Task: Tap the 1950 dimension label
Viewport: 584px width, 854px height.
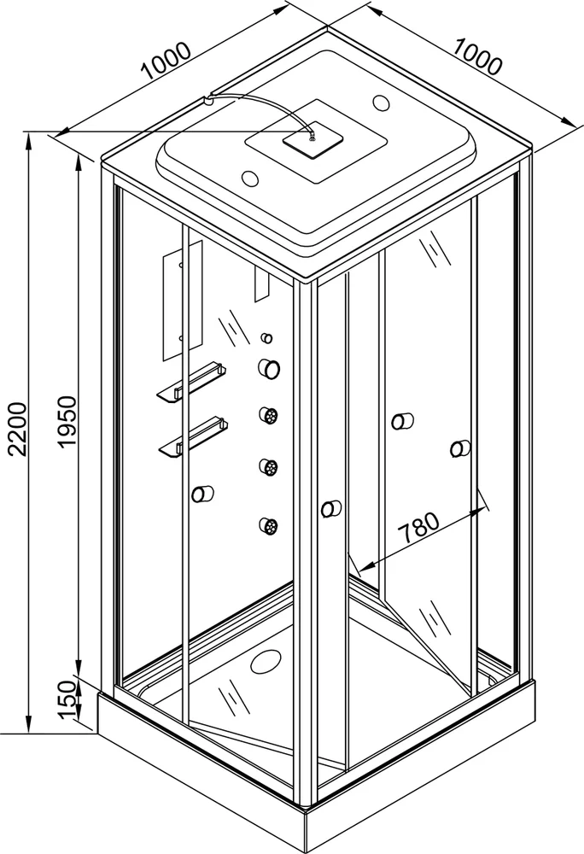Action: pyautogui.click(x=68, y=423)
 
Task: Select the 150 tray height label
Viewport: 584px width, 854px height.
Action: pyautogui.click(x=68, y=700)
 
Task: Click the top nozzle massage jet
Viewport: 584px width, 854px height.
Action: pyautogui.click(x=269, y=416)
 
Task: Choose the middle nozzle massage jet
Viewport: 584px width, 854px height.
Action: pyautogui.click(x=269, y=467)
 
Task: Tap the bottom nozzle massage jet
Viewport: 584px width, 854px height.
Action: pyautogui.click(x=269, y=525)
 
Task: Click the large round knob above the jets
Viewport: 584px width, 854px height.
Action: pyautogui.click(x=269, y=367)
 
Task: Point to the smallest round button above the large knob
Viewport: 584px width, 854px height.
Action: pyautogui.click(x=266, y=338)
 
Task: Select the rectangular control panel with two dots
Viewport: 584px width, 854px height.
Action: pyautogui.click(x=183, y=300)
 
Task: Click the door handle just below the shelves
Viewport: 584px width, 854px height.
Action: pyautogui.click(x=203, y=494)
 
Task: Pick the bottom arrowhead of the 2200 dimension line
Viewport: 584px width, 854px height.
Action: pyautogui.click(x=27, y=728)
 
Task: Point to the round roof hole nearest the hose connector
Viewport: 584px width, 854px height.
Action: pyautogui.click(x=252, y=178)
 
